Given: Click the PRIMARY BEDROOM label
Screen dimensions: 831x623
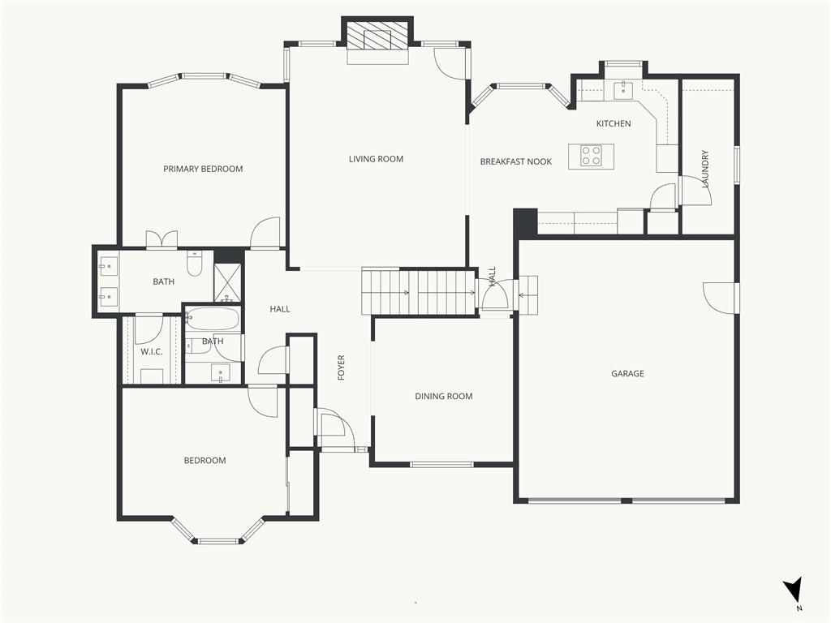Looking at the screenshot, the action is [x=203, y=169].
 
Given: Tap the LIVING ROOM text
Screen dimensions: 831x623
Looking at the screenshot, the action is [x=376, y=159].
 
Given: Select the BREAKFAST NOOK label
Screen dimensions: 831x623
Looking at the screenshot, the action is [x=515, y=161].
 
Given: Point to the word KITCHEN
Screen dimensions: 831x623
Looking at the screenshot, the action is [x=614, y=123].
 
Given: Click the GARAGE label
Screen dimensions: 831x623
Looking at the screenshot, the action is [x=627, y=373].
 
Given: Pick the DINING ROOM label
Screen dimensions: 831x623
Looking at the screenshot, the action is [x=444, y=396].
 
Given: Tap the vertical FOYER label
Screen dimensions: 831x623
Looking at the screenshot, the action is [x=342, y=367].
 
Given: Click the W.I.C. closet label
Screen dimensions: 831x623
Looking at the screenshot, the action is [x=152, y=352].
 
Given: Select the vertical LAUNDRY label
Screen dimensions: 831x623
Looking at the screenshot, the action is [x=705, y=169].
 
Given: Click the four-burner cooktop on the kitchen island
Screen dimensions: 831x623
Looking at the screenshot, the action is [x=591, y=156].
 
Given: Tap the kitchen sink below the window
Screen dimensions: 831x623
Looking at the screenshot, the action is [x=623, y=91].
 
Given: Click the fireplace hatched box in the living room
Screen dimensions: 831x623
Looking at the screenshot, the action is [x=377, y=36].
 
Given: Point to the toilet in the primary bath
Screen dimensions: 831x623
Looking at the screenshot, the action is [x=195, y=264].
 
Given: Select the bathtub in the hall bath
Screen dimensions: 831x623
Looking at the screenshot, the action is [x=213, y=319].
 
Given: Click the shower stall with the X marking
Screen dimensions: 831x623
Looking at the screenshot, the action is [x=227, y=283].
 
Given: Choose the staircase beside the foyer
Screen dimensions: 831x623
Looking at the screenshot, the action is [x=419, y=291].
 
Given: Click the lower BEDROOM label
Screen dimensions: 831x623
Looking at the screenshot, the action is [x=205, y=461].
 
